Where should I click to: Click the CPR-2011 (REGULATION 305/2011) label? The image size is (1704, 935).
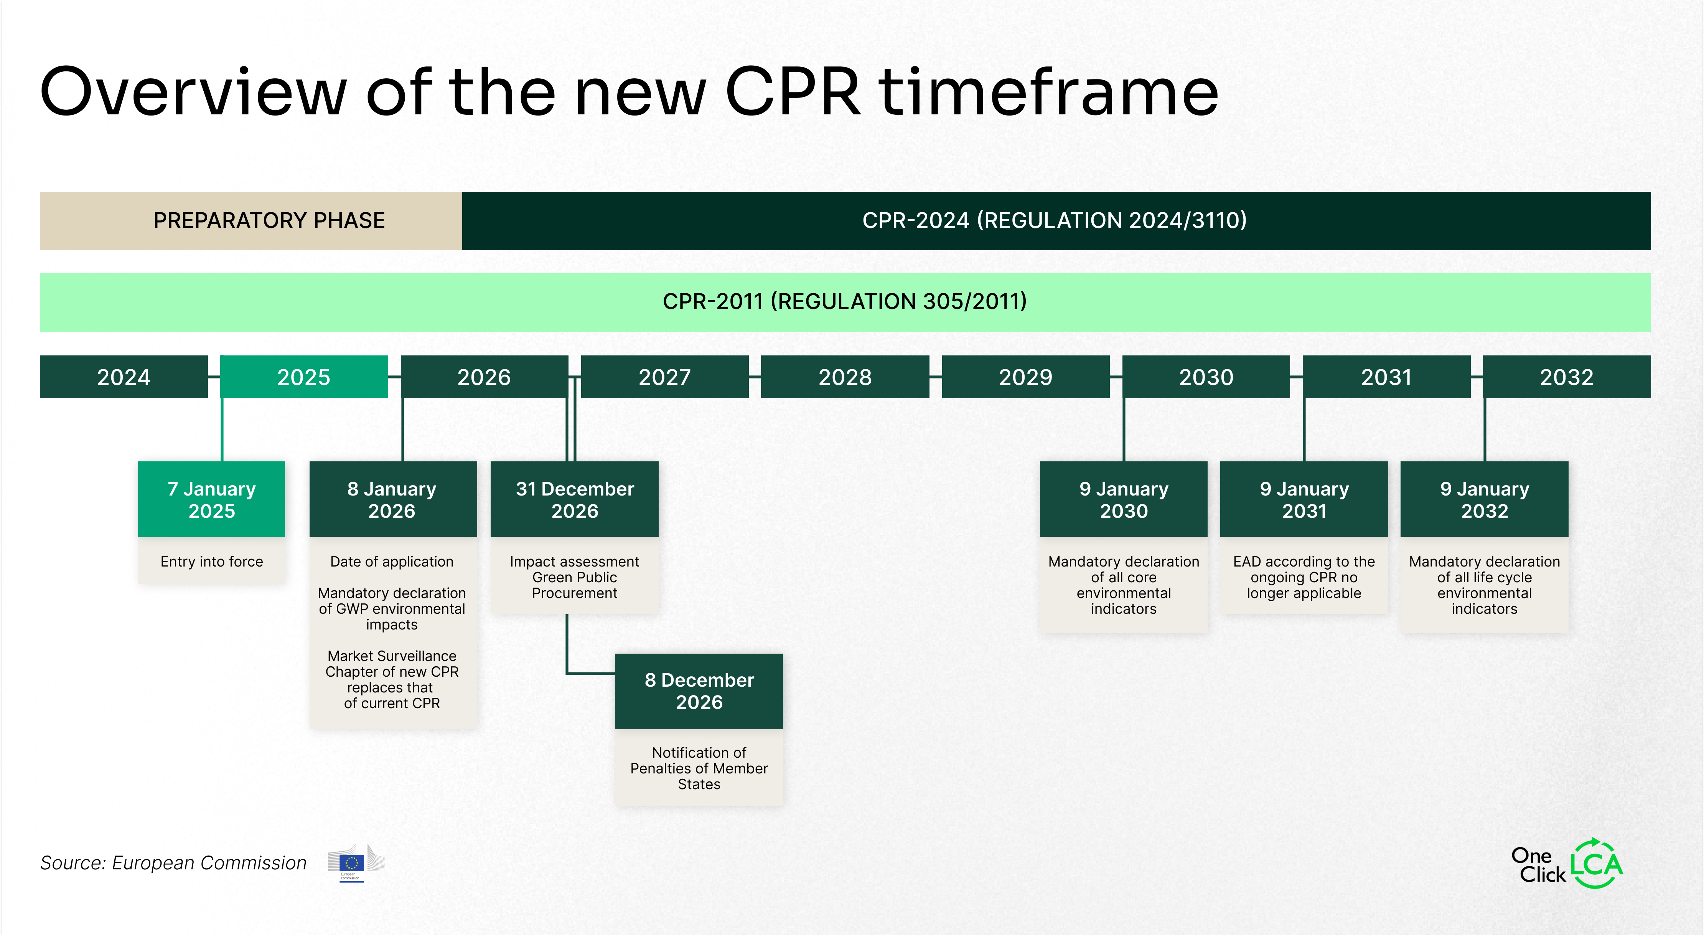coord(845,302)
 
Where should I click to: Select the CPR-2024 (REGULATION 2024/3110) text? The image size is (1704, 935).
coord(1055,220)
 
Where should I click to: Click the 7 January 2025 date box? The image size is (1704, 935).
coord(212,500)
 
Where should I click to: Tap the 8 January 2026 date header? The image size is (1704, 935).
coord(392,500)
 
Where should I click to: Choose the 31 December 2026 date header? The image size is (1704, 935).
coord(574,500)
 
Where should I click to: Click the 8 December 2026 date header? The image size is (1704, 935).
coord(699,691)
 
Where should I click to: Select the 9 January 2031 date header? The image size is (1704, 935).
coord(1304,500)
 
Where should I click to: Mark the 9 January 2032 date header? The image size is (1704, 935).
coord(1485,500)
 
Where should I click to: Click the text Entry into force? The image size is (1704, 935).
coord(212,562)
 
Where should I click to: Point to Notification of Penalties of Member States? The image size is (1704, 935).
coord(699,768)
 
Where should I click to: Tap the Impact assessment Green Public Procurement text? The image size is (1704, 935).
coord(574,577)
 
